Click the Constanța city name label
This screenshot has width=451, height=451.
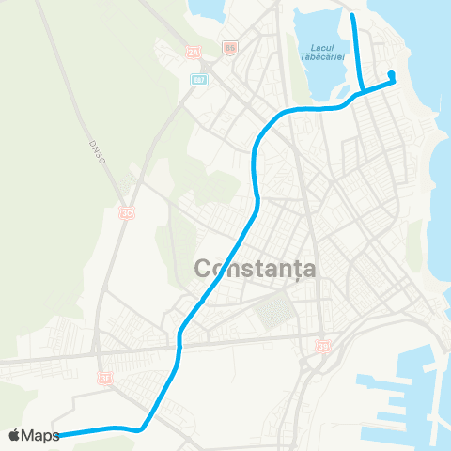click(256, 269)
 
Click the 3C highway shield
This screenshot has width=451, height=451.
click(125, 214)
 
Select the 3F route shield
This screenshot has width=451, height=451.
click(105, 378)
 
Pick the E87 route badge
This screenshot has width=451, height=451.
click(198, 79)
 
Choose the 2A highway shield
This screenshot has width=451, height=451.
click(193, 52)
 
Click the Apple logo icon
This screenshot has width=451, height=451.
click(15, 435)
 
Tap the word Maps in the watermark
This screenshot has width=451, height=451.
click(41, 435)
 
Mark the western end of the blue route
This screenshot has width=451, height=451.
click(59, 435)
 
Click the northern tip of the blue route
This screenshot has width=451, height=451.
click(353, 16)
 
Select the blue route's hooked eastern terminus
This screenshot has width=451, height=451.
click(390, 75)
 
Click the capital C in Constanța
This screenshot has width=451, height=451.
click(204, 269)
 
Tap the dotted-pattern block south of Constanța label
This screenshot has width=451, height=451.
click(278, 309)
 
